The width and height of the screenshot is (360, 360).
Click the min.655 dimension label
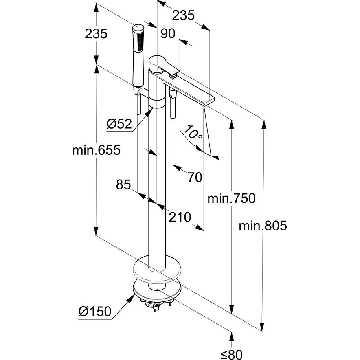[97, 150]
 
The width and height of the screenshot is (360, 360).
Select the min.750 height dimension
[231, 199]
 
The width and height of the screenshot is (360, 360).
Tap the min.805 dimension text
[263, 225]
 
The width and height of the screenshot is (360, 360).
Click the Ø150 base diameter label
[94, 312]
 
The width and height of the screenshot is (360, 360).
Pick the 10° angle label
[193, 133]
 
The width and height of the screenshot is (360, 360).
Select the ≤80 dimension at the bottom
[231, 354]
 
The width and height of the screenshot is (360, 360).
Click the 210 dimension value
[179, 217]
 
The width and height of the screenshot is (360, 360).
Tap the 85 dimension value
[123, 185]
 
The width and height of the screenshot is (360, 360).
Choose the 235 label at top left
[96, 34]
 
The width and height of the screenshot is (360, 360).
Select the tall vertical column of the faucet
[157, 183]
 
